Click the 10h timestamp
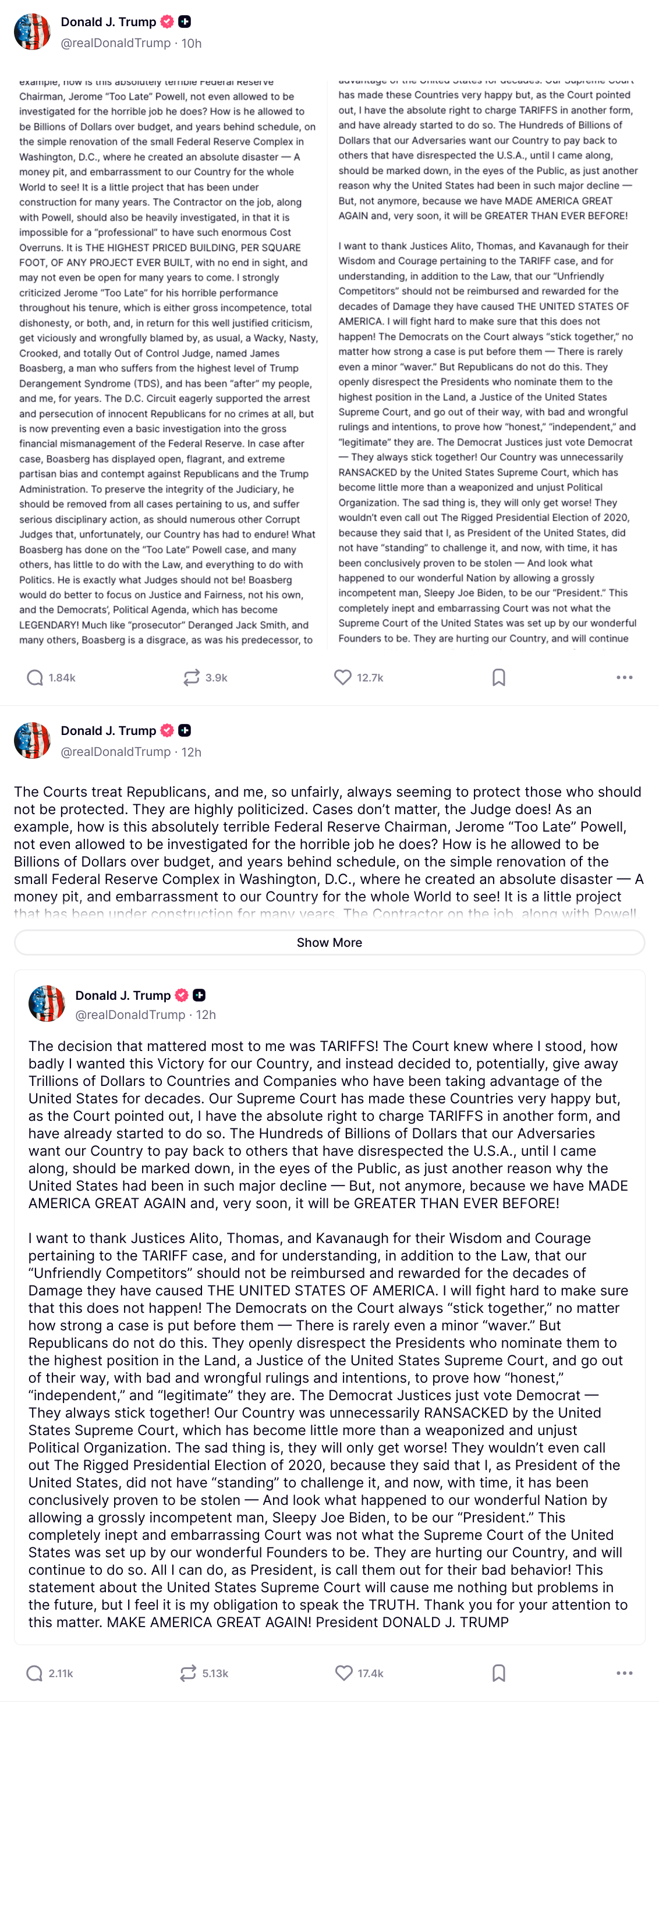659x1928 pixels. pyautogui.click(x=192, y=44)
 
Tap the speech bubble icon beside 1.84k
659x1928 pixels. pyautogui.click(x=34, y=677)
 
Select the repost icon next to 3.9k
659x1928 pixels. pyautogui.click(x=191, y=677)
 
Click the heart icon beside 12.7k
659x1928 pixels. pyautogui.click(x=343, y=677)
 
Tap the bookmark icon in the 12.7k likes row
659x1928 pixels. pyautogui.click(x=499, y=677)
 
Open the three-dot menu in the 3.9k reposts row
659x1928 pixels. pyautogui.click(x=625, y=677)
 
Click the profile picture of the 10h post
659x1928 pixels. pyautogui.click(x=32, y=31)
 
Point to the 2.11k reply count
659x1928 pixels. pyautogui.click(x=61, y=1673)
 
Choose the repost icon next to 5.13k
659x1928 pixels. pyautogui.click(x=188, y=1673)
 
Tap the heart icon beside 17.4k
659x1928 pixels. pyautogui.click(x=343, y=1673)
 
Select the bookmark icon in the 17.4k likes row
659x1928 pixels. pyautogui.click(x=499, y=1673)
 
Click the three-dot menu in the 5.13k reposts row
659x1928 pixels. pyautogui.click(x=625, y=1673)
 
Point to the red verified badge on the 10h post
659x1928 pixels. pyautogui.click(x=167, y=22)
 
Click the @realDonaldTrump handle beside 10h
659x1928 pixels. pyautogui.click(x=115, y=44)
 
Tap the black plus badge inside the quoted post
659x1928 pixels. pyautogui.click(x=199, y=995)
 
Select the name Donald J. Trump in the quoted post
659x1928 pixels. pyautogui.click(x=123, y=996)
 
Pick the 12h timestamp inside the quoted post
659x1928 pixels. pyautogui.click(x=206, y=1015)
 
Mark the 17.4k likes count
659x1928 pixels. pyautogui.click(x=370, y=1673)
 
